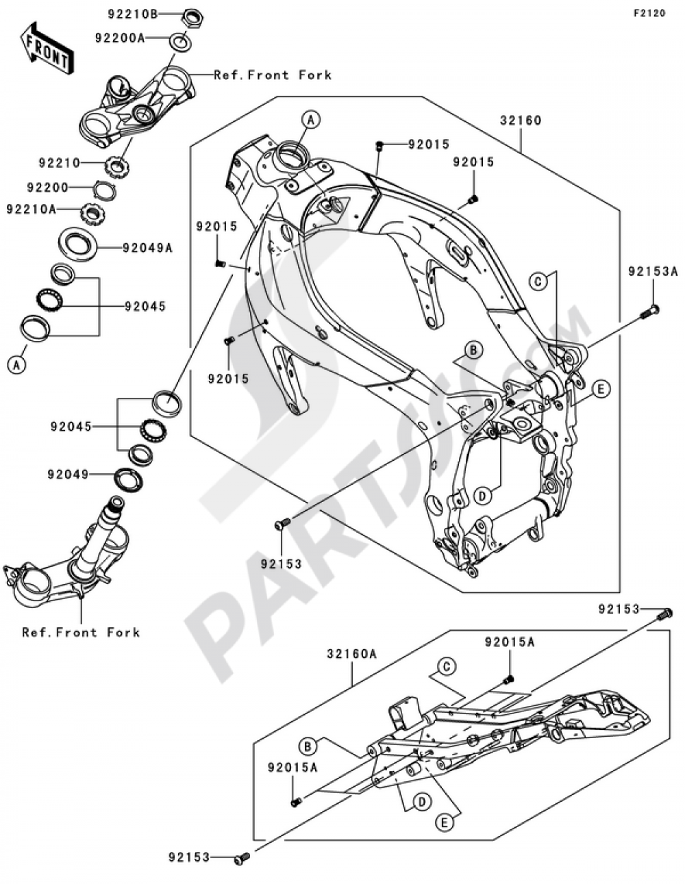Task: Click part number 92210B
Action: coord(132,13)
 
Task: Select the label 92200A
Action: coord(119,38)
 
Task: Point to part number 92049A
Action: coord(147,248)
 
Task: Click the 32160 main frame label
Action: coord(520,121)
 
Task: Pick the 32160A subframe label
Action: coord(351,654)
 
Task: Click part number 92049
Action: coord(68,474)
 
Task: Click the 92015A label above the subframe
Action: coord(510,642)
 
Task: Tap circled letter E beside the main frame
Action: coord(599,389)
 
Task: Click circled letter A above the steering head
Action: coord(310,120)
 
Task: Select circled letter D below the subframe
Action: coord(421,801)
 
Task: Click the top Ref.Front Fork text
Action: coord(273,75)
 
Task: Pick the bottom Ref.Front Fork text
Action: coord(81,632)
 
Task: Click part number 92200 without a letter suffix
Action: coord(49,187)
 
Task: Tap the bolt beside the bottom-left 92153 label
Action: coord(242,857)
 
